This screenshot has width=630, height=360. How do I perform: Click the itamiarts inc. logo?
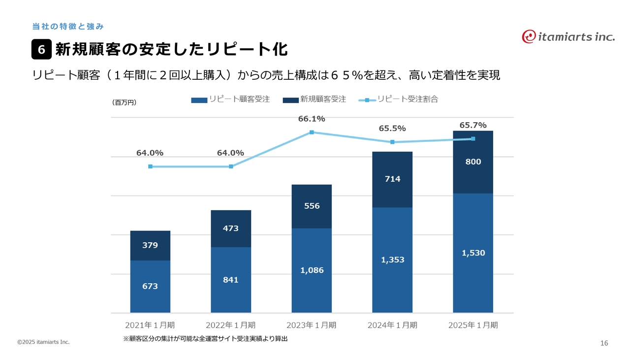pos(568,36)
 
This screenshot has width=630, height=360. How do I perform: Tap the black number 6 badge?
pos(42,50)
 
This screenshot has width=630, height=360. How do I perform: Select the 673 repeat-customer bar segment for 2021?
pos(150,286)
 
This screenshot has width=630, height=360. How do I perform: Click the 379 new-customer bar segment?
pos(150,245)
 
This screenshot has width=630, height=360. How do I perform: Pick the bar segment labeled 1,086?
pos(312,270)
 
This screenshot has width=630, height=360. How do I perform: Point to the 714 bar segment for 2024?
pos(392,179)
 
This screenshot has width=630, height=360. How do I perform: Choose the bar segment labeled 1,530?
pos(473,253)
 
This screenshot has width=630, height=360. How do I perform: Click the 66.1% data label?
pos(312,119)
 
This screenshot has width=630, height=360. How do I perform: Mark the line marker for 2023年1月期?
pos(312,132)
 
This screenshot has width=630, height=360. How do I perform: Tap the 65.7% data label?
pos(473,126)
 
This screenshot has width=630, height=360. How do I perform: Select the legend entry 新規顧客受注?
pos(315,99)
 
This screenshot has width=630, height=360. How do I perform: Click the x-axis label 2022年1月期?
pos(230,325)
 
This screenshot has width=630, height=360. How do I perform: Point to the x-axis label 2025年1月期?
pos(473,325)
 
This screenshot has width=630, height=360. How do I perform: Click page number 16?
pos(604,343)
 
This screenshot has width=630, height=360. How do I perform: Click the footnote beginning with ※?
pos(205,339)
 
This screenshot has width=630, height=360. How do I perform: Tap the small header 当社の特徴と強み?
pos(67,26)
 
